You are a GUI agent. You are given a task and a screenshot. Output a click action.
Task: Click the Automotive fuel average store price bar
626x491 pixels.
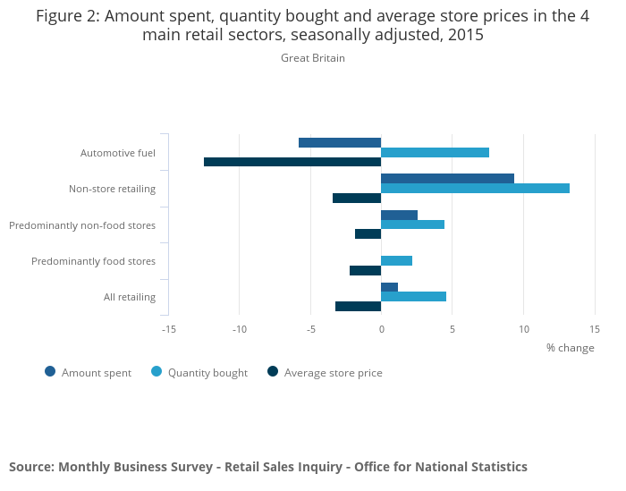[292, 162]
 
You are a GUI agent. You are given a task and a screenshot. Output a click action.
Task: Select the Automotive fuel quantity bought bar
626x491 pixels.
[435, 152]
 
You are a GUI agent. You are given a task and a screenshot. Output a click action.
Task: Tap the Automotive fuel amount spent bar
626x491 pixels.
[340, 142]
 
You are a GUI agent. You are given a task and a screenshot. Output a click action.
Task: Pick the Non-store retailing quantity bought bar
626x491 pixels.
[475, 188]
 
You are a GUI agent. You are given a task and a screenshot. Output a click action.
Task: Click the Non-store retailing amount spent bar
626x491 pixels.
[447, 178]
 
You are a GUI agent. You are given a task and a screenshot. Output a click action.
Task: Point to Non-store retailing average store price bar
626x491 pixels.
[357, 198]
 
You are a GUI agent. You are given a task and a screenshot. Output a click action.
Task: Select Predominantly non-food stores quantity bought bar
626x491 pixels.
[412, 224]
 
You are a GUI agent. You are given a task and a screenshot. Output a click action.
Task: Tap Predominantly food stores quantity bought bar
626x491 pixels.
[396, 260]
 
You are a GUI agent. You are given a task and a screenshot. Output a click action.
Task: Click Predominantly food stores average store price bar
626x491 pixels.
[365, 270]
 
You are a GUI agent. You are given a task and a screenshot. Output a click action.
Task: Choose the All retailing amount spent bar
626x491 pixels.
[389, 287]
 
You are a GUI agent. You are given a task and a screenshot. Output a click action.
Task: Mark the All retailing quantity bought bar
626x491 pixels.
[413, 296]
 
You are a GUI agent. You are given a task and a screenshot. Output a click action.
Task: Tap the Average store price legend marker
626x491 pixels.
[273, 372]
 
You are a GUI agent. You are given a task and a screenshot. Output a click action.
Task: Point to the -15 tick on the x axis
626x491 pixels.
[168, 329]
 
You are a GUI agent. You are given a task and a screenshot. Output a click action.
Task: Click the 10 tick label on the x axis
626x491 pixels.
[523, 329]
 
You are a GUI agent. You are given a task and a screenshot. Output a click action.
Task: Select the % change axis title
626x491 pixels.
[570, 348]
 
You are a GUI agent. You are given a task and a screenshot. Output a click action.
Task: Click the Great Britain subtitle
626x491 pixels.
[313, 58]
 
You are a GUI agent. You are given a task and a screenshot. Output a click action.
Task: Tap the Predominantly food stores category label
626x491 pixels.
[93, 261]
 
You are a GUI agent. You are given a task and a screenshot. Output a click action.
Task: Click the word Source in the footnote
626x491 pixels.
[30, 467]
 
